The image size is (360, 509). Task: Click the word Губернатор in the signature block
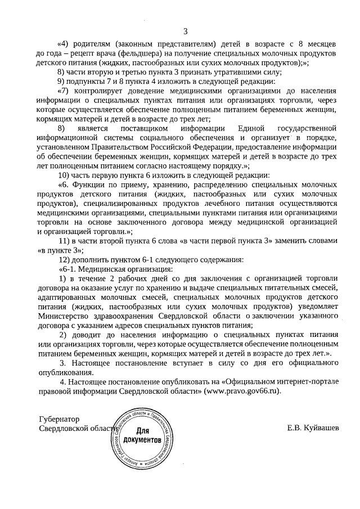(x=60, y=420)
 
